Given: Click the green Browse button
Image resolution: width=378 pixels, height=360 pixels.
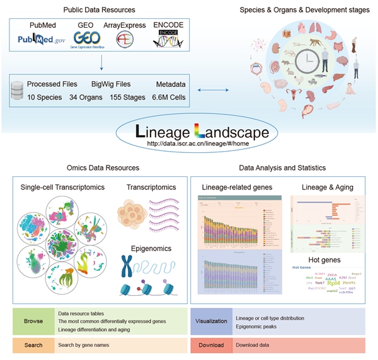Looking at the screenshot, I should click(33, 321).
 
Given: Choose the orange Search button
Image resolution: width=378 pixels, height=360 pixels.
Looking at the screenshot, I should click(33, 345).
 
